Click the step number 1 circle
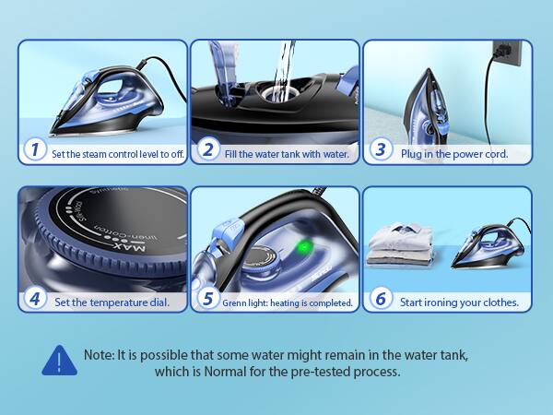[35, 150]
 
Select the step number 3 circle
[380, 150]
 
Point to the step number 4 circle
[35, 299]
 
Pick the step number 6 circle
[380, 299]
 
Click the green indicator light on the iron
[304, 246]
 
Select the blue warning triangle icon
[59, 361]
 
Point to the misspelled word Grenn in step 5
[237, 302]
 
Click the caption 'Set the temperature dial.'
[111, 302]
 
